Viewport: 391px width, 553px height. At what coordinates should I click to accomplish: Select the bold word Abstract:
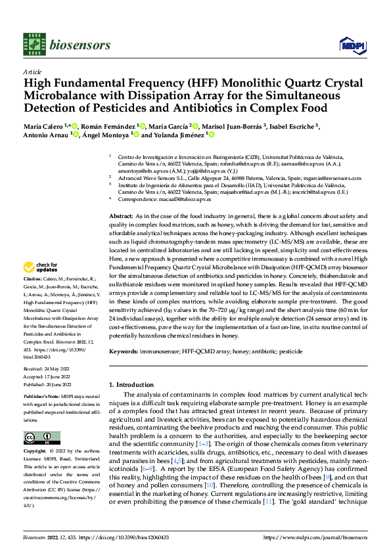pyautogui.click(x=120, y=215)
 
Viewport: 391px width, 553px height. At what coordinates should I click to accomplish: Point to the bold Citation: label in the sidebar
pyautogui.click(x=34, y=279)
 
